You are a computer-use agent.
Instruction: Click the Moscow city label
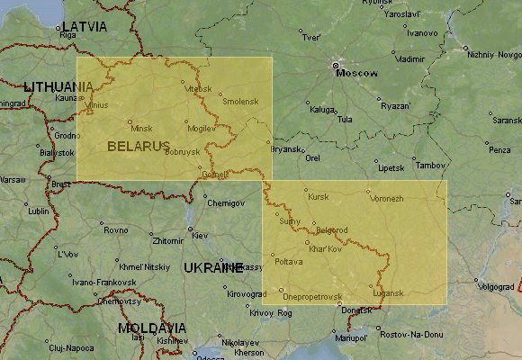coord(357,73)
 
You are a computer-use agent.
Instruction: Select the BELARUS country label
coord(138,145)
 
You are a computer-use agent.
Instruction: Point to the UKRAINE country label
coord(213,267)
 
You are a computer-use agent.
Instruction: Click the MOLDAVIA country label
coord(152,328)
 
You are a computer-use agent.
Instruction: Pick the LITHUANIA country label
coord(58,86)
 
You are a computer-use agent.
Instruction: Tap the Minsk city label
coord(142,129)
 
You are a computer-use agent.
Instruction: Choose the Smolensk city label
coord(240,102)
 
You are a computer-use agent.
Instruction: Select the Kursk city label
coord(319,196)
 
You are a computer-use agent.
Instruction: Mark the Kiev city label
coord(199,235)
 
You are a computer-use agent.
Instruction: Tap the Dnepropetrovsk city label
coord(312,296)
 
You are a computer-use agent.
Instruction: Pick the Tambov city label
coord(431,166)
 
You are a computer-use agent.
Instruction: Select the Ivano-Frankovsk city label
coord(103,282)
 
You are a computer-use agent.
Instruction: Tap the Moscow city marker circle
coord(336,66)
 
